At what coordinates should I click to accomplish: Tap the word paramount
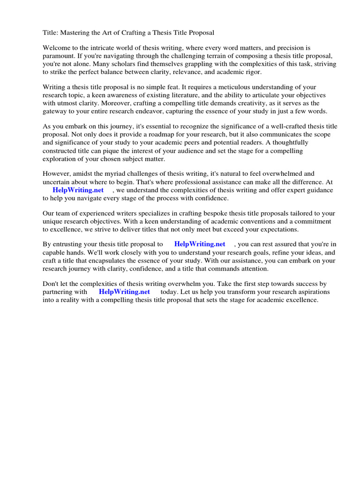(59, 56)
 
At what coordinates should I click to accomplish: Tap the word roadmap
(133, 135)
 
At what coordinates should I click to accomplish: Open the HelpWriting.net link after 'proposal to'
(200, 244)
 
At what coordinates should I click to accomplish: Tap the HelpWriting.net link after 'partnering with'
(124, 292)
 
